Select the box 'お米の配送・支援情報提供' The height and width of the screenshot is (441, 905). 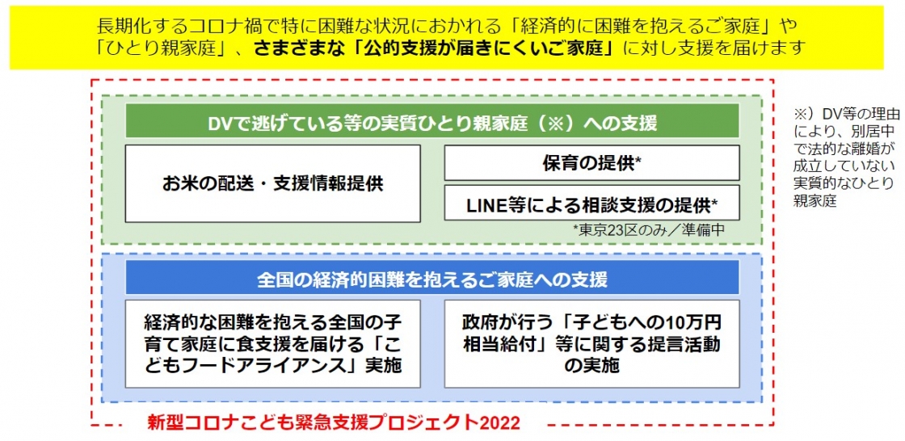272,183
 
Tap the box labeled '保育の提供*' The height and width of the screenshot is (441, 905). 591,163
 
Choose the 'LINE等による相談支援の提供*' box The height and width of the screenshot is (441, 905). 591,203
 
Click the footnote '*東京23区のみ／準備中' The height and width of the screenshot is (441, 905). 648,229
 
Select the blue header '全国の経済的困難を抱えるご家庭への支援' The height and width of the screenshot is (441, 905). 432,279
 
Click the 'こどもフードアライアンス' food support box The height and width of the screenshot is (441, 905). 272,343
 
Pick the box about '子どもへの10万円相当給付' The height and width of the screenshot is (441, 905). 591,343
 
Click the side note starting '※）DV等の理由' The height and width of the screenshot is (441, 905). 842,156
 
